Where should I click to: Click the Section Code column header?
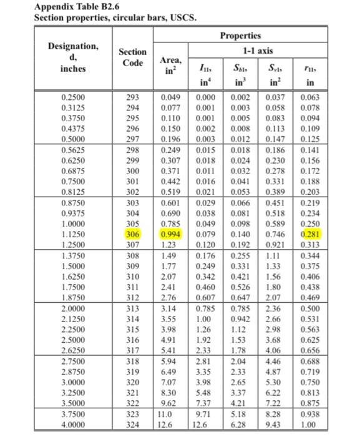(x=133, y=57)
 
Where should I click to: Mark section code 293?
(x=133, y=97)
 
